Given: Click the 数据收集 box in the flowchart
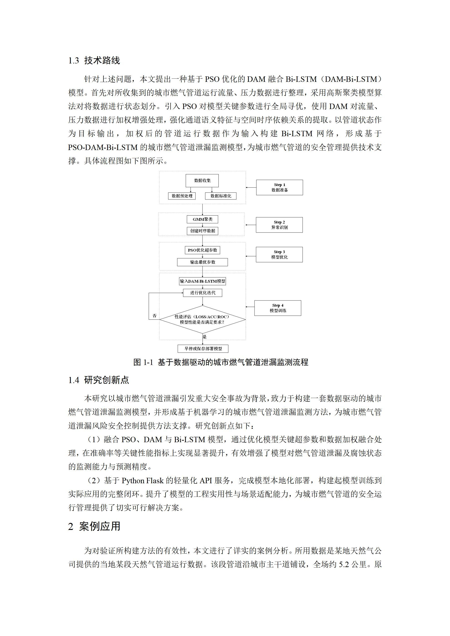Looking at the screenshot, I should click(x=202, y=181).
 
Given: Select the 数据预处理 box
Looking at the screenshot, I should click(x=182, y=196).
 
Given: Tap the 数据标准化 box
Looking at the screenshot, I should click(x=221, y=196).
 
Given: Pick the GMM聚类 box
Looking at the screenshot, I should click(x=202, y=219).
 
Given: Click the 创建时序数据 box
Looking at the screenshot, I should click(x=202, y=231).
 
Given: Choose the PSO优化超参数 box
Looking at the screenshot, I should click(x=202, y=250).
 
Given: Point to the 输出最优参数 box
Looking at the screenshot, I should click(x=202, y=262).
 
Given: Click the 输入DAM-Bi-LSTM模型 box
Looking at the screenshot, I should click(x=202, y=281).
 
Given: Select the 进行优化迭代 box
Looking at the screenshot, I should click(x=202, y=293).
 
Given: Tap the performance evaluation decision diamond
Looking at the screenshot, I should click(x=202, y=320).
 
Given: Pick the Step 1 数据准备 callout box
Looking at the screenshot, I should click(x=279, y=187).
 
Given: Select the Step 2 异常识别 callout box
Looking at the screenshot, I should click(x=279, y=225).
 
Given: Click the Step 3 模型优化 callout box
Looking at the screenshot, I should click(x=279, y=255).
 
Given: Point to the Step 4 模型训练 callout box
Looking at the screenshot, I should click(x=278, y=308).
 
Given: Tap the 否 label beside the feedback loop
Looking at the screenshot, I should click(x=155, y=316).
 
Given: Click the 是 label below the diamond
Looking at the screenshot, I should click(x=205, y=337).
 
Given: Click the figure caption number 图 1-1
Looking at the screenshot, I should click(x=143, y=362).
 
